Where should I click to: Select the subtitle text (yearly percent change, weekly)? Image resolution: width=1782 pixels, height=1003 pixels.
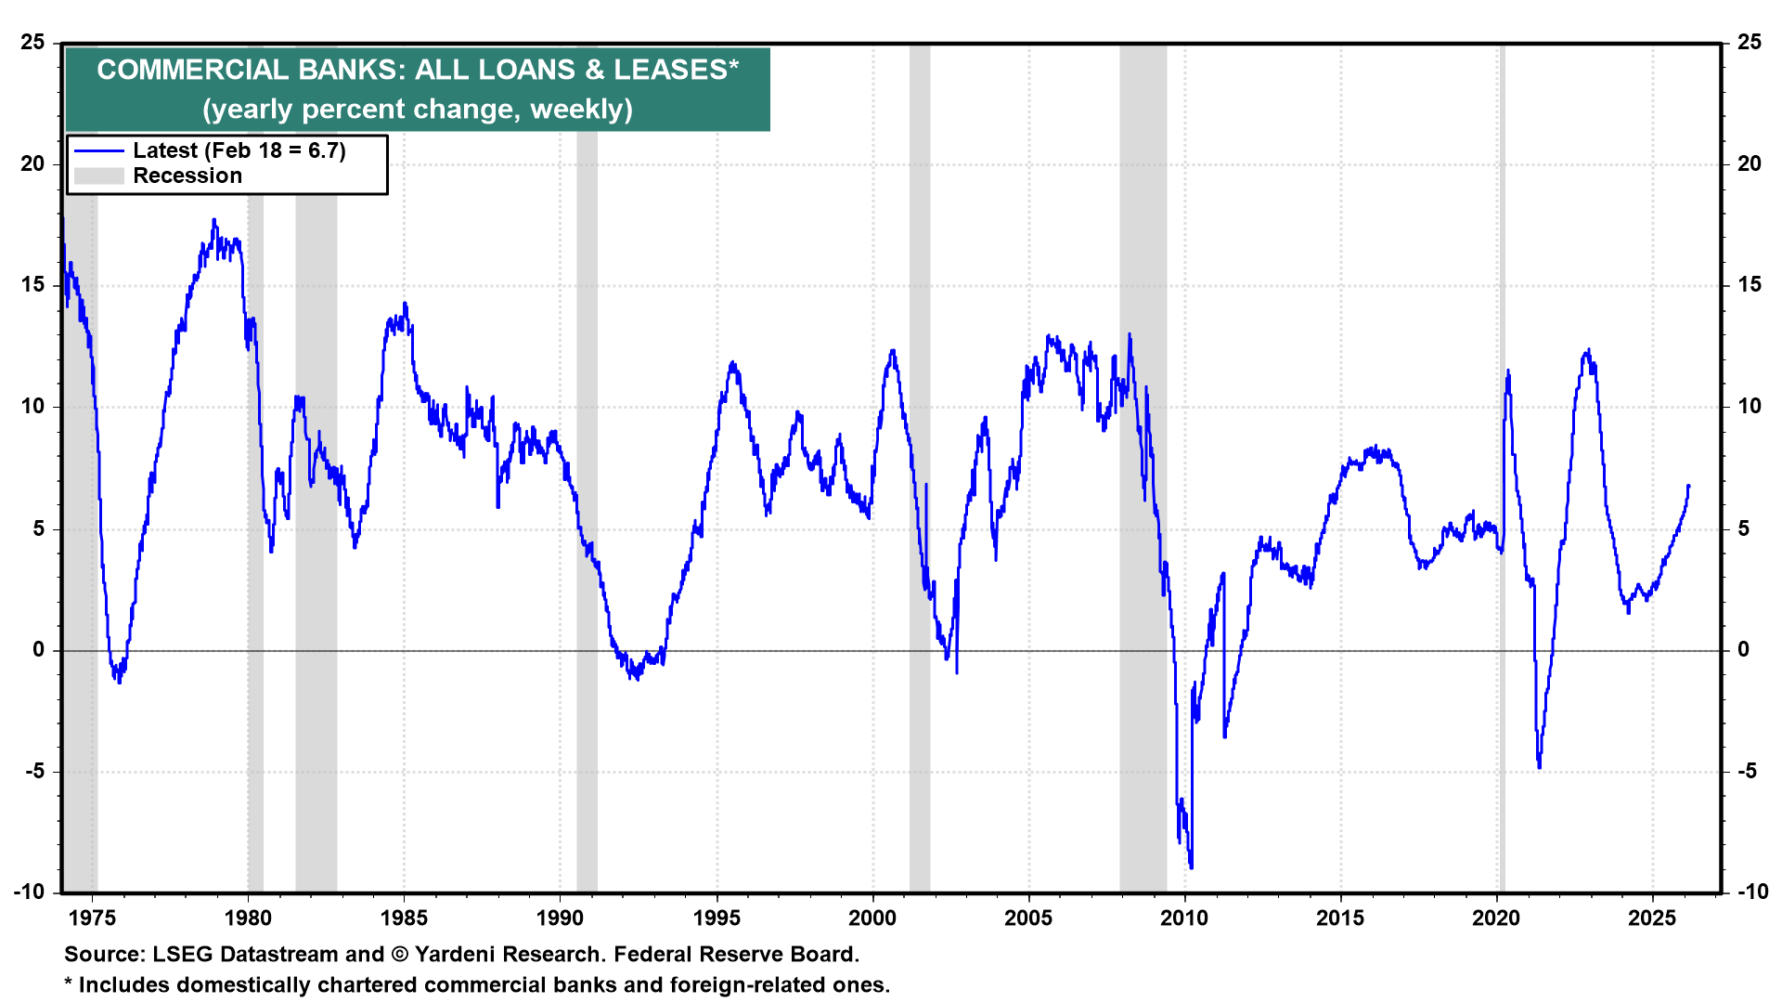click(418, 110)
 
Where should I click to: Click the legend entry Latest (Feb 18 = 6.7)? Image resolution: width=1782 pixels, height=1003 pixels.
click(239, 150)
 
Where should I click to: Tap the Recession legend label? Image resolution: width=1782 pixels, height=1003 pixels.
click(187, 176)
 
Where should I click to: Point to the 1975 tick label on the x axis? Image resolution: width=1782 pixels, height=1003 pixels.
click(92, 918)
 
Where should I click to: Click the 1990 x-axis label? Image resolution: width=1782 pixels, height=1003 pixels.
click(560, 918)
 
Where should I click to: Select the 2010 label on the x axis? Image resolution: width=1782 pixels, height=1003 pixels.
click(1184, 918)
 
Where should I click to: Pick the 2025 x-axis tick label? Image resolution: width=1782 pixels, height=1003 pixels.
click(1652, 918)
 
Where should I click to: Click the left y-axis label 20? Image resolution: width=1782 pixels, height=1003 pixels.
click(33, 163)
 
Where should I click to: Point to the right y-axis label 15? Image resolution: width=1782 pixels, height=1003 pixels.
click(1749, 285)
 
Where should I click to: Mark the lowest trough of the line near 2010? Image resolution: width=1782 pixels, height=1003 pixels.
click(1191, 867)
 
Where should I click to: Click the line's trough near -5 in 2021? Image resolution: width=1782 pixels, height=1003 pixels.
click(1539, 767)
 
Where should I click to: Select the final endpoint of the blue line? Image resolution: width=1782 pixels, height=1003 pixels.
click(1688, 486)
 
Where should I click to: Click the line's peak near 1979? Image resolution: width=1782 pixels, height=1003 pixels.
click(214, 220)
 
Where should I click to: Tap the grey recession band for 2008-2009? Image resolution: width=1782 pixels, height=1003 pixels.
click(1143, 464)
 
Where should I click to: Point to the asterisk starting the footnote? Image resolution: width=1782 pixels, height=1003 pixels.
click(68, 983)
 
